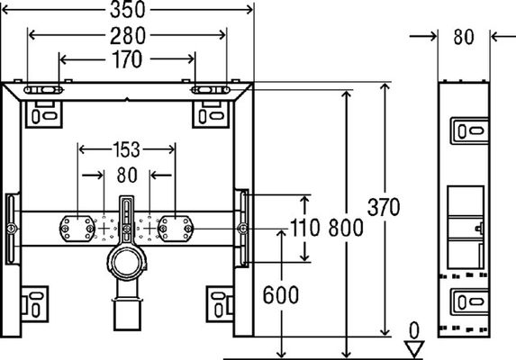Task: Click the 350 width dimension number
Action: pos(127,10)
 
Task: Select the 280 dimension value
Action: pos(128,35)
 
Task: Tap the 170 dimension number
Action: pos(127,59)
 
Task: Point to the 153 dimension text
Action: pos(126,149)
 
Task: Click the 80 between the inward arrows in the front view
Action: pos(127,175)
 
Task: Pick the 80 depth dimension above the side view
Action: pos(464,37)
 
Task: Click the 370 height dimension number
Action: pos(384,207)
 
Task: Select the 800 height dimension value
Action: pos(346,228)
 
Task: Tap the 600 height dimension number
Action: pos(281,294)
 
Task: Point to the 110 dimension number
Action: pos(304,228)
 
